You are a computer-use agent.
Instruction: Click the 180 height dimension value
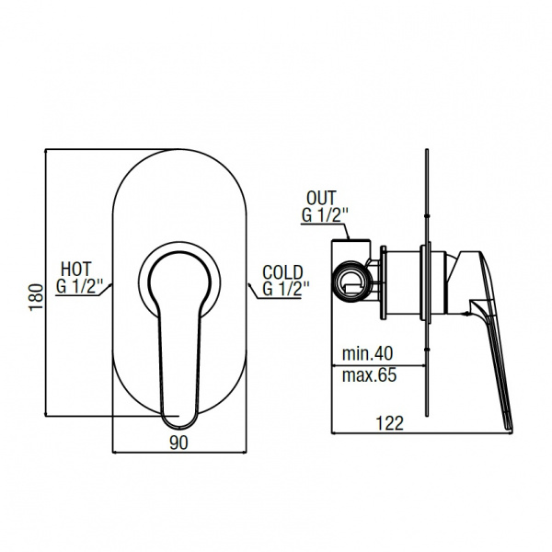(36, 296)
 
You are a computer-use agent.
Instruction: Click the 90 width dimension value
(178, 443)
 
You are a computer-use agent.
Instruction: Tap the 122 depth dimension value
(390, 423)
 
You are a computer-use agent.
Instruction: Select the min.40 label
(367, 353)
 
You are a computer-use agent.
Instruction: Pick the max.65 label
(369, 375)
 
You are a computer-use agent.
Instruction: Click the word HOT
(76, 270)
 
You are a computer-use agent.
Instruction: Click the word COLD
(282, 272)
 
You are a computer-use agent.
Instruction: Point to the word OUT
(321, 198)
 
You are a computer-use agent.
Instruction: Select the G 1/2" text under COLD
(286, 289)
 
